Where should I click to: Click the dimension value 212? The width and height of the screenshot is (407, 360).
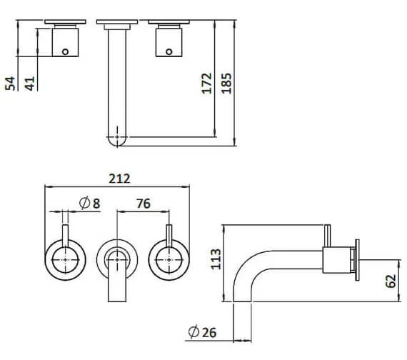point(119,179)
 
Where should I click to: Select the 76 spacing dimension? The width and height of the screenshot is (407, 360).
point(144,204)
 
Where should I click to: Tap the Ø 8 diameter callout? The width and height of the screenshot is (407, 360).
point(89,203)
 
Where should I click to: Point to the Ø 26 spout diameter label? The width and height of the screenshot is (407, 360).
point(202,332)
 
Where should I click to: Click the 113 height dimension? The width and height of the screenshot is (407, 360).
point(216,259)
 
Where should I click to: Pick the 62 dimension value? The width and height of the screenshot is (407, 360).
point(391,281)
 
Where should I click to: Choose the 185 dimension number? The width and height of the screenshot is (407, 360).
point(226,84)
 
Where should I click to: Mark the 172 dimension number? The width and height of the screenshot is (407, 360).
point(207,84)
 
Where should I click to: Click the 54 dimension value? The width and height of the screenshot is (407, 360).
point(10,84)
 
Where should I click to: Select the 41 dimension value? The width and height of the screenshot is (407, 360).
point(29,84)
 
